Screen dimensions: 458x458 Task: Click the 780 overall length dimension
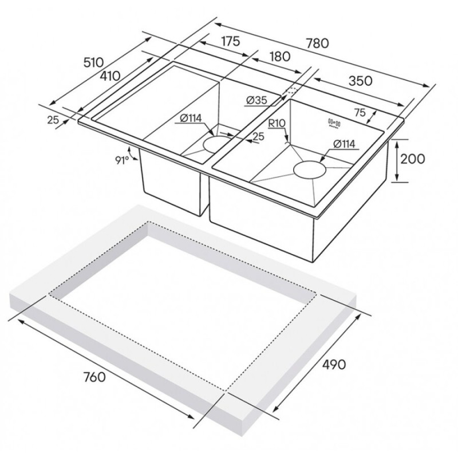click(x=318, y=43)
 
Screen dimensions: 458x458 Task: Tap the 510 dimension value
click(x=93, y=62)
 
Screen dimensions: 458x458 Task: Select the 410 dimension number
click(x=110, y=76)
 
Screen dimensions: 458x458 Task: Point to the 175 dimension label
click(x=230, y=41)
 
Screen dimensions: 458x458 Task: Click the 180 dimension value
click(x=279, y=56)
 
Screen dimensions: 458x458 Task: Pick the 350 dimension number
click(x=361, y=81)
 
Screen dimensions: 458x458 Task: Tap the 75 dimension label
click(x=360, y=112)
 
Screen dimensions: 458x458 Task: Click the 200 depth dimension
click(x=412, y=159)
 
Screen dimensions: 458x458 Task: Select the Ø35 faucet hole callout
click(x=256, y=100)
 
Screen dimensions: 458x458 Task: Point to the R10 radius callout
click(x=277, y=123)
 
